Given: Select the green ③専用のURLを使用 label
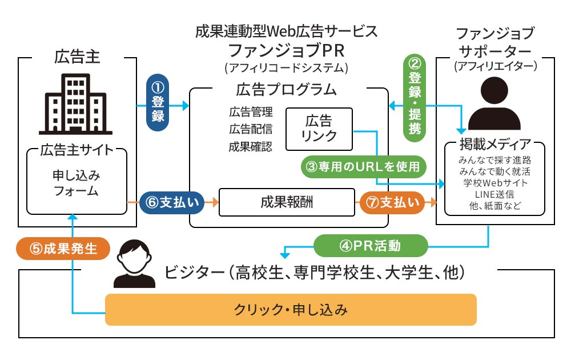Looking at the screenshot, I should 364,167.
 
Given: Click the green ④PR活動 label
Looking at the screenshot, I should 371,247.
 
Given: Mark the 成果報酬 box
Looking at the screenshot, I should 286,202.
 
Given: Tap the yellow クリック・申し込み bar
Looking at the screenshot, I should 291,310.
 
